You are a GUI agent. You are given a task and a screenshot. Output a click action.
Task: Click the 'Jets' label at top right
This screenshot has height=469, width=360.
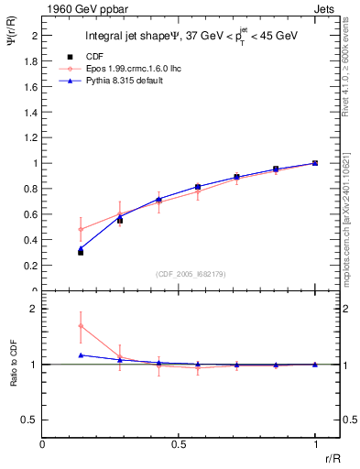324,8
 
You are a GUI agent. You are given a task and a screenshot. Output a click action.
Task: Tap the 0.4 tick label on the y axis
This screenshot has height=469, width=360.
29,240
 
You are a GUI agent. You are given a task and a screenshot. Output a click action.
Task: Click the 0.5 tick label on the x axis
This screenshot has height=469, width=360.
179,444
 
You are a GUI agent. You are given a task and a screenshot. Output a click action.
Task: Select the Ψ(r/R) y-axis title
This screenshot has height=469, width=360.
12,41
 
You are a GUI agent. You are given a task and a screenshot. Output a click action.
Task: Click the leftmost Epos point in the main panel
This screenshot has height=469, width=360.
81,229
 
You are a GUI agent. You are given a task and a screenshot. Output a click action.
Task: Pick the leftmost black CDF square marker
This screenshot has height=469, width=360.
81,252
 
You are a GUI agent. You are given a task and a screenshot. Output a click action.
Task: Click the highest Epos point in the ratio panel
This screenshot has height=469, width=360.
81,326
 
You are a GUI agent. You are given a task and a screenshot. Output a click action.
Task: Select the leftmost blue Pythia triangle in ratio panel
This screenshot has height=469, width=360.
81,354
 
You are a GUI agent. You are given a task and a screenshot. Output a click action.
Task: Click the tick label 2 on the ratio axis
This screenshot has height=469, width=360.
33,310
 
